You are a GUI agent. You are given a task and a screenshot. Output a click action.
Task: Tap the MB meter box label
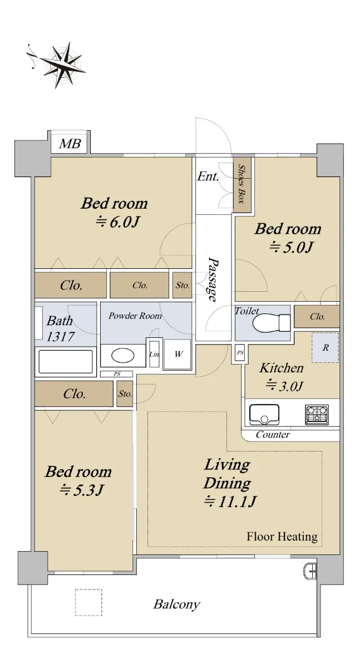[x=70, y=144]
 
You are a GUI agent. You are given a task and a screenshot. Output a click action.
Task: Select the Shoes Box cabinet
[x=242, y=185]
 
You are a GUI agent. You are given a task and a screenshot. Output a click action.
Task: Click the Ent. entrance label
[x=208, y=176]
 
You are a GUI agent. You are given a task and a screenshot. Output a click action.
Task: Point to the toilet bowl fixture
[x=271, y=323]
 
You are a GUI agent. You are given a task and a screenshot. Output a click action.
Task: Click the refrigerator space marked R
[x=326, y=347]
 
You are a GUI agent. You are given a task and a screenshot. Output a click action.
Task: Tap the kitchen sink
[x=264, y=414]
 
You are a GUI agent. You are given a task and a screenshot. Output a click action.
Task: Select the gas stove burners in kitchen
[x=317, y=415]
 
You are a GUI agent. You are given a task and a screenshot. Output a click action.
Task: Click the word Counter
[x=273, y=435]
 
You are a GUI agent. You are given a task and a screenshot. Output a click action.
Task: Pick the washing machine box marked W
[x=178, y=354]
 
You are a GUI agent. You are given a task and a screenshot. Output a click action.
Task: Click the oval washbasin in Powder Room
[x=123, y=355]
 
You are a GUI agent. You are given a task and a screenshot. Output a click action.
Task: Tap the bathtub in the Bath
[x=66, y=361]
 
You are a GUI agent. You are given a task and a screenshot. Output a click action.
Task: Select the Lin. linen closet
[x=154, y=354]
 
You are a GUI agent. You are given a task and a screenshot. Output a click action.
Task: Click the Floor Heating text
[x=282, y=537]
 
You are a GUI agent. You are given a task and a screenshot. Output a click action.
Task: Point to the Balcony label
[x=177, y=604]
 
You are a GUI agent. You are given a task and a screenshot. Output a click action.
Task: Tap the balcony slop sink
[x=310, y=571]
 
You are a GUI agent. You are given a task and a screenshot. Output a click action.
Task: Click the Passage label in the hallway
[x=213, y=279]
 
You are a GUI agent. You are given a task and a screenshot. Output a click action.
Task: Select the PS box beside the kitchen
[x=240, y=353]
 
